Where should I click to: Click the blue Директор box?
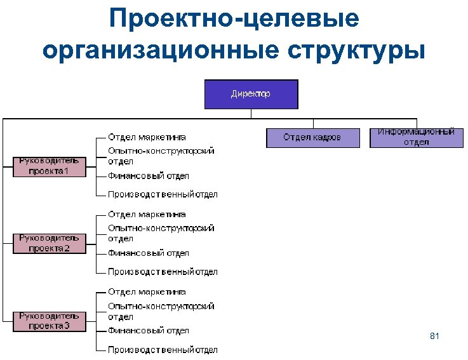tap(251, 94)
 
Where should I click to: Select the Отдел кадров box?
tap(312, 137)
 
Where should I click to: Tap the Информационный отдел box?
tap(416, 137)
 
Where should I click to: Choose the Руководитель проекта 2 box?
tap(49, 243)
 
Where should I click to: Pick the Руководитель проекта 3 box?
tap(49, 321)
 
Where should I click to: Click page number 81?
tap(434, 335)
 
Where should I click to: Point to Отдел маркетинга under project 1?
tap(147, 137)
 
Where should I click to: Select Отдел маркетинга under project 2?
tap(147, 215)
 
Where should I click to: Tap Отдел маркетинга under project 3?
tap(147, 292)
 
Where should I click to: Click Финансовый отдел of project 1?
tap(148, 176)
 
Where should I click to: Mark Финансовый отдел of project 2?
tap(148, 253)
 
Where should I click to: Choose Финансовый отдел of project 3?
tap(148, 331)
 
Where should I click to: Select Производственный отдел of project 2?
tap(163, 272)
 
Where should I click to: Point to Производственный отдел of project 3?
tap(163, 350)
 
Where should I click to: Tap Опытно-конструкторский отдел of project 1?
tap(161, 156)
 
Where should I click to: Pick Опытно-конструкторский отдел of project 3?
tap(161, 311)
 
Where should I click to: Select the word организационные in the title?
tap(160, 50)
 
